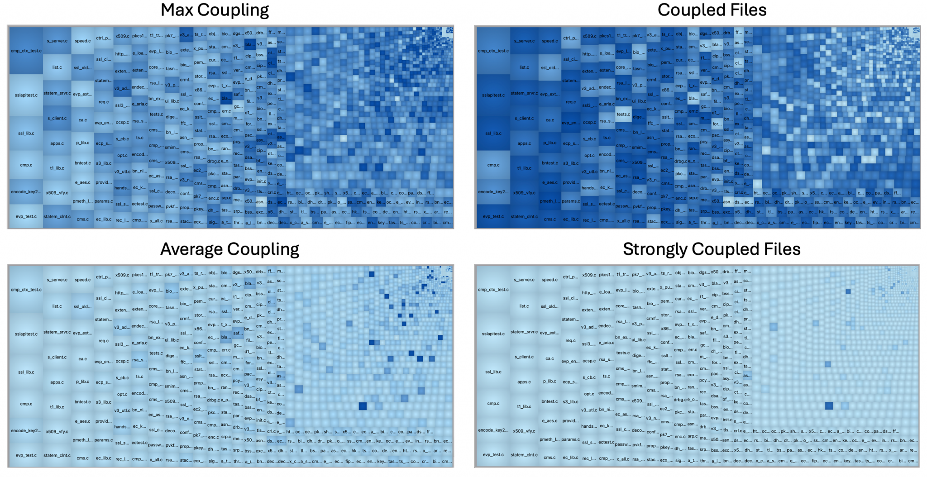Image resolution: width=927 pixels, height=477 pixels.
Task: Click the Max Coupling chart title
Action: pos(215,10)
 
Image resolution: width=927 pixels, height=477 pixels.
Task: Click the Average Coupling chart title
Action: pos(229,249)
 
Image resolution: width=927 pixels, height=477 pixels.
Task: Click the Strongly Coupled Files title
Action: pos(712,249)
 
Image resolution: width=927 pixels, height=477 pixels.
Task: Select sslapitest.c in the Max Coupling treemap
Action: pos(26,95)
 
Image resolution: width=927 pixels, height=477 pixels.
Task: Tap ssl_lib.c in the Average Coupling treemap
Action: pos(26,372)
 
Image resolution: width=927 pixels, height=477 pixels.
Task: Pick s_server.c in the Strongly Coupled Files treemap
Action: pos(524,280)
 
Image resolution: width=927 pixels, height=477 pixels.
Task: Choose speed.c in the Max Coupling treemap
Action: pos(82,41)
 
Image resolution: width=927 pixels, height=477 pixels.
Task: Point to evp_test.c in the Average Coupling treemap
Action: pos(26,455)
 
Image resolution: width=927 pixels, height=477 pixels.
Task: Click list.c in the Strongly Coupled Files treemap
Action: pos(524,306)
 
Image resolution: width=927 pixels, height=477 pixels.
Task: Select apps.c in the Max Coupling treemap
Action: pos(57,143)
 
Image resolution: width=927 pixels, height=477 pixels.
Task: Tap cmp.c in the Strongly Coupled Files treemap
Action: pos(493,403)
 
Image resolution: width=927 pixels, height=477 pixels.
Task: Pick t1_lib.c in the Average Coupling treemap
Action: pos(57,407)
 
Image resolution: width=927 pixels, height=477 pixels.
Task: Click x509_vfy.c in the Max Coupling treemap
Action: pos(57,193)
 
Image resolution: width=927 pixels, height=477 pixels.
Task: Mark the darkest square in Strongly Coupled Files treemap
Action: pos(829,406)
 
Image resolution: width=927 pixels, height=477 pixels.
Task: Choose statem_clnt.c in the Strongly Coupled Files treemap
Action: pos(524,455)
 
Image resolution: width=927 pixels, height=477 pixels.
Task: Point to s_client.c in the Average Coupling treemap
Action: pos(57,357)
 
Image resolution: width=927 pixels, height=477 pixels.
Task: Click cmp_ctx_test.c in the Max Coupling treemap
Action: pos(26,51)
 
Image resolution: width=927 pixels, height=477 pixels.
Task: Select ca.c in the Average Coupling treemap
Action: pos(82,359)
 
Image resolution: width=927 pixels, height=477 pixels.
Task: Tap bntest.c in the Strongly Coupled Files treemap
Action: pos(550,401)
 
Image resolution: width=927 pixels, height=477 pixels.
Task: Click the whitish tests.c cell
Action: pos(623,114)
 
